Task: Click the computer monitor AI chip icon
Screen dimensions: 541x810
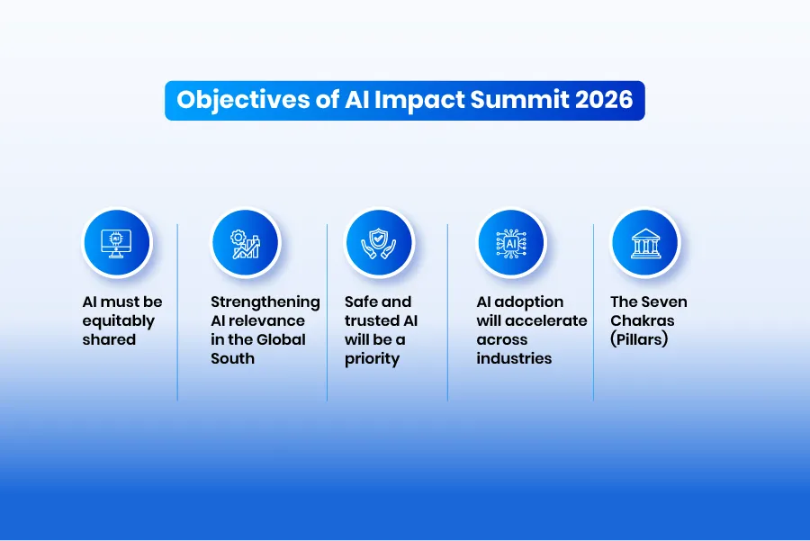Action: click(116, 242)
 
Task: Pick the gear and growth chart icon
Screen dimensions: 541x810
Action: click(246, 242)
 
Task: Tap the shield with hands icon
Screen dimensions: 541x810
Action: click(378, 242)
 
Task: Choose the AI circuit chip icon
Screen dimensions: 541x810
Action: click(511, 242)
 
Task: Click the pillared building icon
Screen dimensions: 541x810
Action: click(644, 242)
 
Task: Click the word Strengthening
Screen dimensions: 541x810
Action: click(265, 302)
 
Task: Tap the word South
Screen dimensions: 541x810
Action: click(232, 358)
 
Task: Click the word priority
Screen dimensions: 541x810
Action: click(372, 359)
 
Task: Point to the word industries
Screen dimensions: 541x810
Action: click(514, 358)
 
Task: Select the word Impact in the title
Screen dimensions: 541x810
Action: click(410, 100)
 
